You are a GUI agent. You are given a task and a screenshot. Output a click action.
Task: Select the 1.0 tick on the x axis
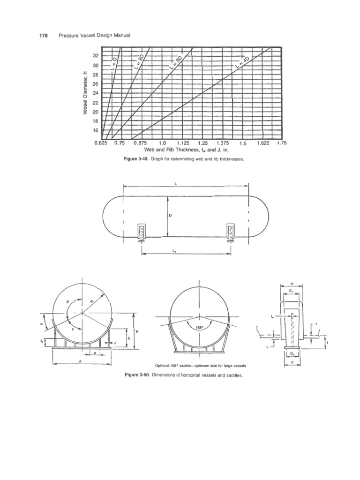click(163, 144)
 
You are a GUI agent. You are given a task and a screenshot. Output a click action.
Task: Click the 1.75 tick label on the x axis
click(281, 143)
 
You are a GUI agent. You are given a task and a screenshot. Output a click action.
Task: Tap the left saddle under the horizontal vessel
click(141, 233)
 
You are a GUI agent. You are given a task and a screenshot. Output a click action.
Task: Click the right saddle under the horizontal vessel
click(231, 233)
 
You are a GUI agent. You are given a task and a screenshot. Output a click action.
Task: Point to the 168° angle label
click(199, 328)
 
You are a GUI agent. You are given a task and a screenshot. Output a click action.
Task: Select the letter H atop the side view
click(292, 285)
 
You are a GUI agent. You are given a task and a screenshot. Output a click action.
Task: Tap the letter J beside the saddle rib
click(115, 343)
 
